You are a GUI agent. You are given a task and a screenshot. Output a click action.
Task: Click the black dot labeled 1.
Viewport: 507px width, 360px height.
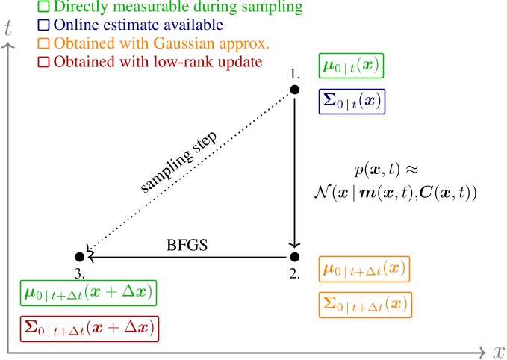click(x=294, y=90)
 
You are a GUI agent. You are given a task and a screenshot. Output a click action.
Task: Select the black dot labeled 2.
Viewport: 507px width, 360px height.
click(x=294, y=257)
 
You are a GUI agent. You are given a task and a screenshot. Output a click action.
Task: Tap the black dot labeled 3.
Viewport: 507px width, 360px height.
click(x=80, y=257)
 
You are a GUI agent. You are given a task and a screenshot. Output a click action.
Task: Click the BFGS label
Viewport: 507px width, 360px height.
click(x=187, y=245)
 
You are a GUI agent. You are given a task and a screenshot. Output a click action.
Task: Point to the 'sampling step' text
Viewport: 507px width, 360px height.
click(x=178, y=162)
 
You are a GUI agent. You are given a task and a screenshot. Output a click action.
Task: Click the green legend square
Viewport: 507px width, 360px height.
click(x=43, y=6)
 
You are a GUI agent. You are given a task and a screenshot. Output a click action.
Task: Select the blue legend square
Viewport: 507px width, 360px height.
click(x=43, y=25)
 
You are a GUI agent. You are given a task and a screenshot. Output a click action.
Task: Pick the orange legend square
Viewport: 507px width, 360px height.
click(x=43, y=43)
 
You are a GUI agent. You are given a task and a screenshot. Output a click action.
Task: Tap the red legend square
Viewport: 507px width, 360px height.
click(x=43, y=62)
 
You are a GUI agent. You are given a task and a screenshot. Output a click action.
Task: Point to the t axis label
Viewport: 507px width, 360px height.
click(x=7, y=28)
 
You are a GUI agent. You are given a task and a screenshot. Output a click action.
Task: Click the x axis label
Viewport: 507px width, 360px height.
click(x=499, y=352)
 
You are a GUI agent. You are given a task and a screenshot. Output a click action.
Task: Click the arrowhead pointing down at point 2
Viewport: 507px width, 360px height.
click(x=294, y=245)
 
